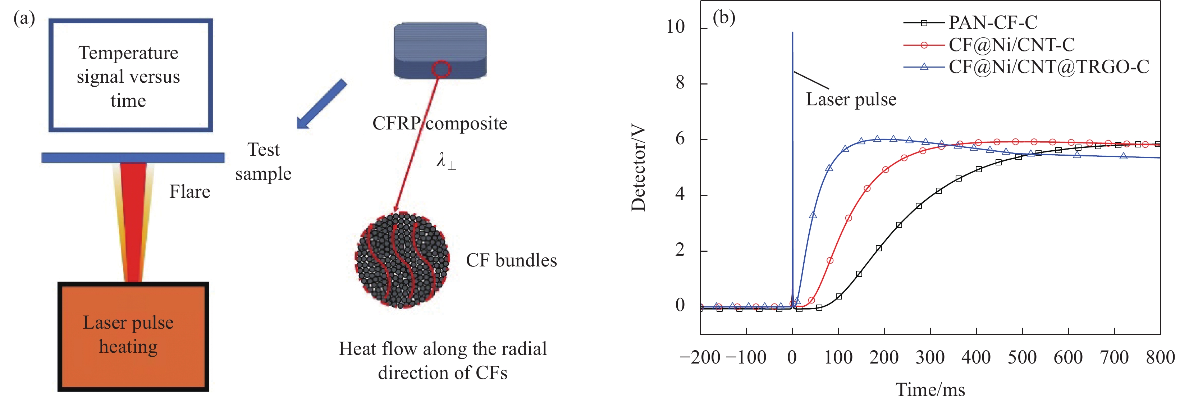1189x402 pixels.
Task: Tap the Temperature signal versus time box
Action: [x=130, y=75]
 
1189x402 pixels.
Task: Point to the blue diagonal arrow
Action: [x=321, y=104]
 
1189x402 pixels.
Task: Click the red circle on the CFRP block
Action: [x=441, y=69]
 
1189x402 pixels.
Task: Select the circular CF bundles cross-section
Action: [x=402, y=260]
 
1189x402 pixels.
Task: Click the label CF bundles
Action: [x=511, y=261]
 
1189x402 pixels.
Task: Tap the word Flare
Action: [x=190, y=192]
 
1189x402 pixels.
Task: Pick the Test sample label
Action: [x=263, y=161]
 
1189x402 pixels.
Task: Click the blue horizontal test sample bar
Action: [x=133, y=157]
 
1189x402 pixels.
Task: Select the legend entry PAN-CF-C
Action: [x=992, y=22]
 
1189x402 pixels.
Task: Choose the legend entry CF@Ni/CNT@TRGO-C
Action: [x=1048, y=67]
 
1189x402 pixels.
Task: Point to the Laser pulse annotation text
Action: [x=851, y=100]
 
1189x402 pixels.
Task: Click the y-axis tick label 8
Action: [x=680, y=83]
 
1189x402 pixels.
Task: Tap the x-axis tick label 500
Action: [x=1022, y=358]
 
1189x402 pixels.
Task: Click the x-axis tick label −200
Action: [x=700, y=358]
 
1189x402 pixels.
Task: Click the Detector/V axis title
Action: [x=638, y=169]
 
